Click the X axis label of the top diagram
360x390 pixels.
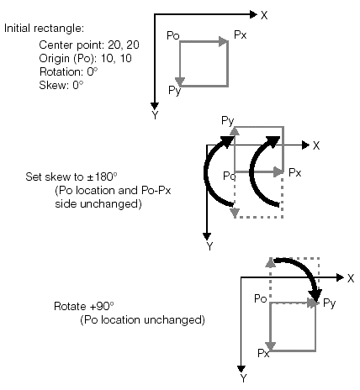tap(264, 14)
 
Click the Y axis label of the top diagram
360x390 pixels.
tap(155, 115)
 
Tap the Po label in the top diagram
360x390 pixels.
tap(172, 36)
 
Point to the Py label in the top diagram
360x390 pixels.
tap(174, 89)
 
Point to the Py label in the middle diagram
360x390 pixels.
tap(226, 121)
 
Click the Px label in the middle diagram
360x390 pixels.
tap(294, 171)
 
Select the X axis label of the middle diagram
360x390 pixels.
tap(316, 145)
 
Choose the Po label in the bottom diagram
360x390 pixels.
tap(259, 298)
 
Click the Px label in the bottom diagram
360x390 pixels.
tap(262, 355)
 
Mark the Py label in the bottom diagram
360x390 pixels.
tap(330, 302)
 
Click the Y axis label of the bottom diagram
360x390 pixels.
tap(243, 378)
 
